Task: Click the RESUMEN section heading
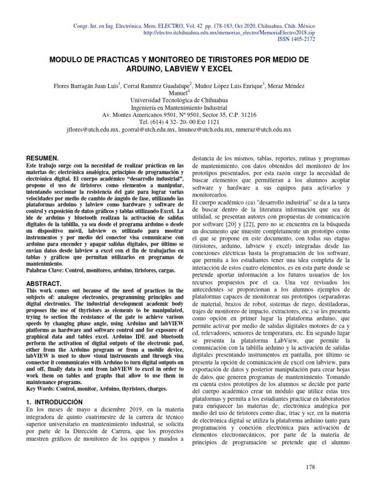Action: pos(42,159)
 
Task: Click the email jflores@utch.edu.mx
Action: pos(92,130)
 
